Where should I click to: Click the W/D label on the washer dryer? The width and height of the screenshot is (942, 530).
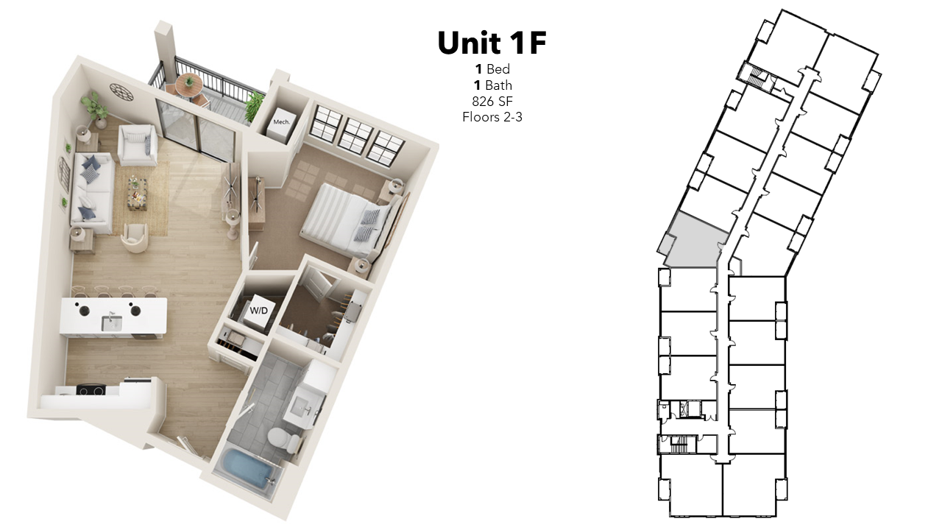click(258, 311)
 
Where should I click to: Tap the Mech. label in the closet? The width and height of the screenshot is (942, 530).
click(281, 122)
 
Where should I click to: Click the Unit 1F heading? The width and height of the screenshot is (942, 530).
click(492, 43)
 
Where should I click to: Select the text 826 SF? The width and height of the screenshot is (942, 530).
click(492, 102)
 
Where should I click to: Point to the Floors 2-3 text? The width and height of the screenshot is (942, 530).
click(492, 117)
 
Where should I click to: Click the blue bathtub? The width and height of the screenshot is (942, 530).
click(248, 469)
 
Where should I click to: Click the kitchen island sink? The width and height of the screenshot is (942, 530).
click(112, 322)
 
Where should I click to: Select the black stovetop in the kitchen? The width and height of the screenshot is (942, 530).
click(91, 390)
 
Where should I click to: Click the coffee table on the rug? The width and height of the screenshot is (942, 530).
click(138, 193)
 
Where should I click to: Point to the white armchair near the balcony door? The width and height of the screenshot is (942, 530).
click(138, 144)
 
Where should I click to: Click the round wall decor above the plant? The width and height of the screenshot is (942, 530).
click(121, 92)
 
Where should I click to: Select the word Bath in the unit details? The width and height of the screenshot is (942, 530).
click(499, 85)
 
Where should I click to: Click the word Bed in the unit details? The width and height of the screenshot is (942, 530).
click(498, 69)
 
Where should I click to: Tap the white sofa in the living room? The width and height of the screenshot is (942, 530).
click(93, 193)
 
